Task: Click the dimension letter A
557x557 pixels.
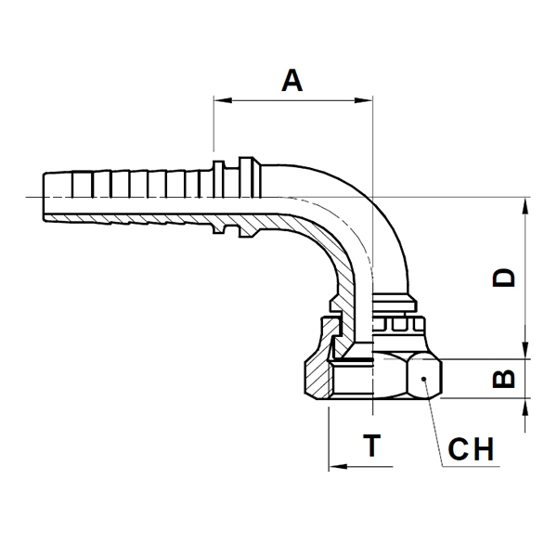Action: coord(292,81)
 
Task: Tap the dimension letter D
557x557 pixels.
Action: coord(504,278)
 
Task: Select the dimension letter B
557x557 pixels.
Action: coord(504,379)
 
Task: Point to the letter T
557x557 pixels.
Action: coord(372,446)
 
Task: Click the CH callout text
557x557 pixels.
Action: coord(471,449)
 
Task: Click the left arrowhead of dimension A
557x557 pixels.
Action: coord(223,100)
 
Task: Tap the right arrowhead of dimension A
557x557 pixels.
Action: coord(363,100)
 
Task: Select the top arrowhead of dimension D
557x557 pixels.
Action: coord(525,206)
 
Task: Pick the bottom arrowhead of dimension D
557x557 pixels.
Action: coord(525,350)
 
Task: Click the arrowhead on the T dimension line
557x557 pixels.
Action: coord(338,466)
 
